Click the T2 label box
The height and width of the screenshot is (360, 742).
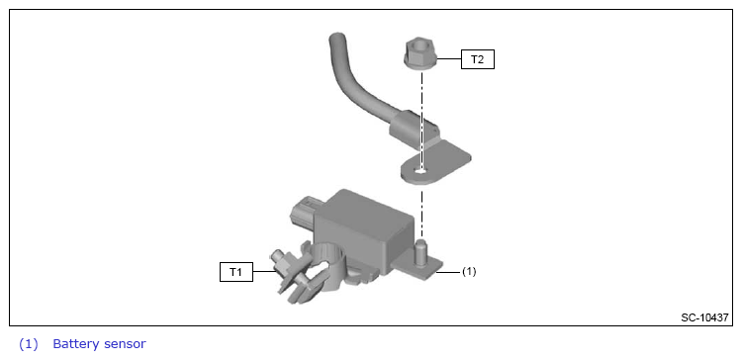[478, 60]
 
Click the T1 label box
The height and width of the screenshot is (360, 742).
[236, 272]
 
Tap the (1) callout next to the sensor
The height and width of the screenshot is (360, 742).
[469, 272]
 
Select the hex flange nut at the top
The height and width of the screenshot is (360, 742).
[420, 54]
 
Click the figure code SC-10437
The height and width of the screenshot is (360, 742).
[704, 317]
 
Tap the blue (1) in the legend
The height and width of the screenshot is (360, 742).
[28, 344]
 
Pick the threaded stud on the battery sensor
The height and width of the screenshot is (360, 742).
[419, 251]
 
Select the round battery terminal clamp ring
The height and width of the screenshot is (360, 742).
[327, 263]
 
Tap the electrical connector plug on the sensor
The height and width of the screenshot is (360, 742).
[305, 212]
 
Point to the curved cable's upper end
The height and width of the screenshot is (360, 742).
[336, 39]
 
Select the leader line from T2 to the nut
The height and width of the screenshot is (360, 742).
[449, 58]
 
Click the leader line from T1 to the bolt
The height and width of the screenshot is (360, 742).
[264, 272]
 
